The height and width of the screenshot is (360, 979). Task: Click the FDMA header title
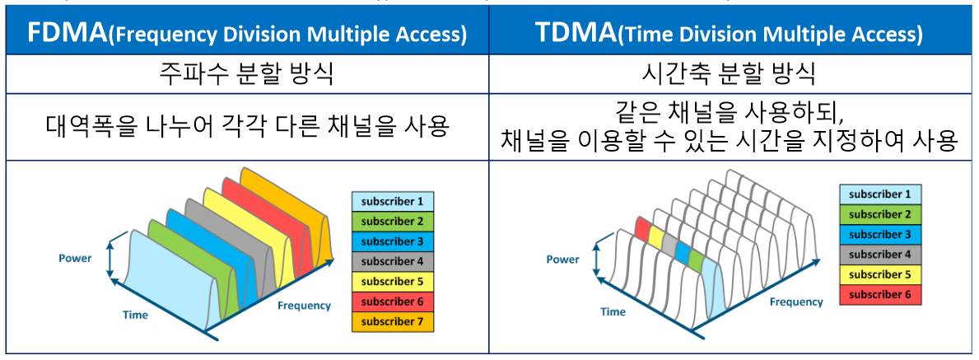pyautogui.click(x=247, y=34)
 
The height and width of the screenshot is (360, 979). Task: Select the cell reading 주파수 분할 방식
pyautogui.click(x=247, y=77)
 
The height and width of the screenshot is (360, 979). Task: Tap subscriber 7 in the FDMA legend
pyautogui.click(x=392, y=321)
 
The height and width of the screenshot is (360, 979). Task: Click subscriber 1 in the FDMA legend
pyautogui.click(x=392, y=201)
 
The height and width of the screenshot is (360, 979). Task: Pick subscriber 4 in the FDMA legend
pyautogui.click(x=392, y=261)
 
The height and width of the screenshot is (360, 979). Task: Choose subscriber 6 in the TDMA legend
pyautogui.click(x=879, y=294)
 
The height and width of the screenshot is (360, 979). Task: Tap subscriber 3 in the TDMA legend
pyautogui.click(x=879, y=234)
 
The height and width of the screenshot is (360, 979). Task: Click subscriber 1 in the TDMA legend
pyautogui.click(x=879, y=194)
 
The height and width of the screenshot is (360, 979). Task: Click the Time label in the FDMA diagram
pyautogui.click(x=135, y=315)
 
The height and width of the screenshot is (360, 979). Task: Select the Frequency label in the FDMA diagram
pyautogui.click(x=304, y=306)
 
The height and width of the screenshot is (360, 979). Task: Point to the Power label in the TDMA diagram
pyautogui.click(x=563, y=259)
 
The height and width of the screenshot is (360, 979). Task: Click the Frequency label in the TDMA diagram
pyautogui.click(x=796, y=302)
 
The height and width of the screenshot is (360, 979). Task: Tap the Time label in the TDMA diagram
pyautogui.click(x=613, y=311)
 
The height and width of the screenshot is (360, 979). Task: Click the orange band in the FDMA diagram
pyautogui.click(x=317, y=222)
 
